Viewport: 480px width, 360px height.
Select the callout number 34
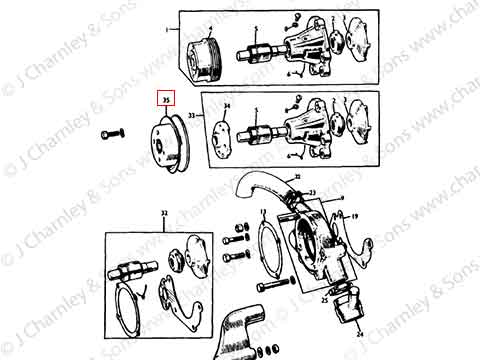point(227,106)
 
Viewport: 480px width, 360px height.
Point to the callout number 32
point(163,213)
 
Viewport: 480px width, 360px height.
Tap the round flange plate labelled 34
point(224,133)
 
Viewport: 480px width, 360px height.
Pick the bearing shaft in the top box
point(257,49)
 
